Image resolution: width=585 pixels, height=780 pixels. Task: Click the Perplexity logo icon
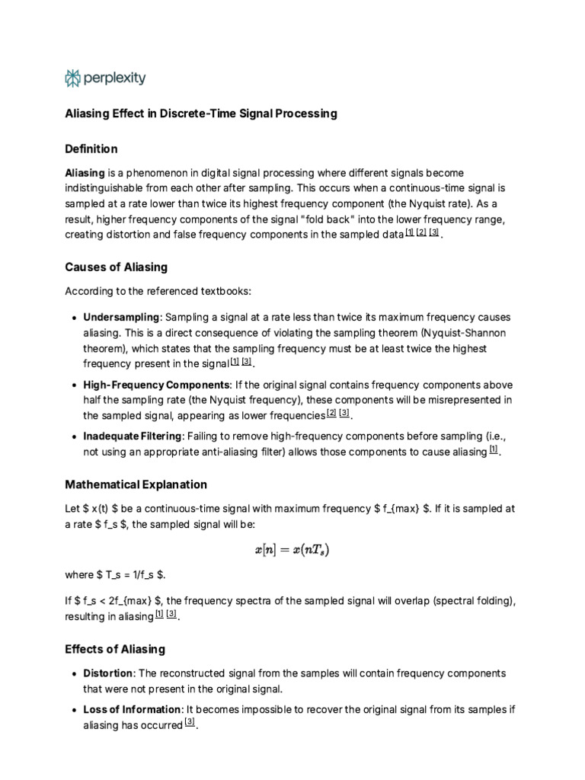tap(73, 78)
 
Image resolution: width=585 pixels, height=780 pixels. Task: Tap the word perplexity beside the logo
tap(114, 78)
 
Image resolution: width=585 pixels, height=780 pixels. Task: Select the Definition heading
tap(91, 149)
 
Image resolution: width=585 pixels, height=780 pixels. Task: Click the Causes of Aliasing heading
tap(116, 267)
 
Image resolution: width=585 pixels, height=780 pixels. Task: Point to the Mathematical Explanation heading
tap(136, 484)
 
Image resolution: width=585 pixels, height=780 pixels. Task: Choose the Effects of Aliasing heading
tap(115, 650)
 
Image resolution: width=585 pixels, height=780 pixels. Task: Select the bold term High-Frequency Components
tap(156, 385)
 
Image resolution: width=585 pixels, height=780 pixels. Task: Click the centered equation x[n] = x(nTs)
tap(292, 549)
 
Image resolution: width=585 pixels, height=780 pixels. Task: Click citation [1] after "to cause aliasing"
tap(494, 450)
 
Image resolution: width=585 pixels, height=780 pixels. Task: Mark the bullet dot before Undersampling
tap(72, 318)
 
